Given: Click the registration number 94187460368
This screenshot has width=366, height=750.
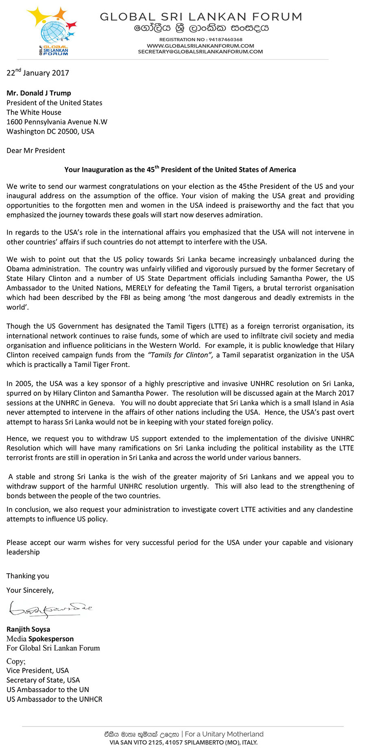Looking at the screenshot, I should click(225, 39).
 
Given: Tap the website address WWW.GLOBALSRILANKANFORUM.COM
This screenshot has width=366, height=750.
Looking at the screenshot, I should click(200, 46).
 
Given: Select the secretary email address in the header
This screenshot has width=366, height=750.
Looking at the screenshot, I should click(200, 52).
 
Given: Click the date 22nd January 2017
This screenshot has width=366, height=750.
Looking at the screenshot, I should click(38, 73).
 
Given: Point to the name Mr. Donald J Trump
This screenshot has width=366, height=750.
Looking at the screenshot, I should click(39, 93).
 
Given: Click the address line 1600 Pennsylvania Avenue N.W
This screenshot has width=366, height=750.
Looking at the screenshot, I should click(57, 122).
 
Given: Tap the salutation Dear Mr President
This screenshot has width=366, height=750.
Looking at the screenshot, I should click(36, 151).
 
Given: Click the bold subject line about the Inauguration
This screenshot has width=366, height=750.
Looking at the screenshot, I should click(180, 170).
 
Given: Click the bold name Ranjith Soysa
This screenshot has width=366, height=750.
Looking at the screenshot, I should click(28, 629).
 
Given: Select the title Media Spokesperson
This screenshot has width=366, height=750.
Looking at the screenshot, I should click(40, 639).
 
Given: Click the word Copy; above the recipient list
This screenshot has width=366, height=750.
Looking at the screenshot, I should click(16, 661).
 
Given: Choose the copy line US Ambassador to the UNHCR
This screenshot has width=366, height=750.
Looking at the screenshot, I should click(54, 699).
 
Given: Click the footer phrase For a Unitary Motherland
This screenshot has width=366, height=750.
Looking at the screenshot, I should click(224, 734).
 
